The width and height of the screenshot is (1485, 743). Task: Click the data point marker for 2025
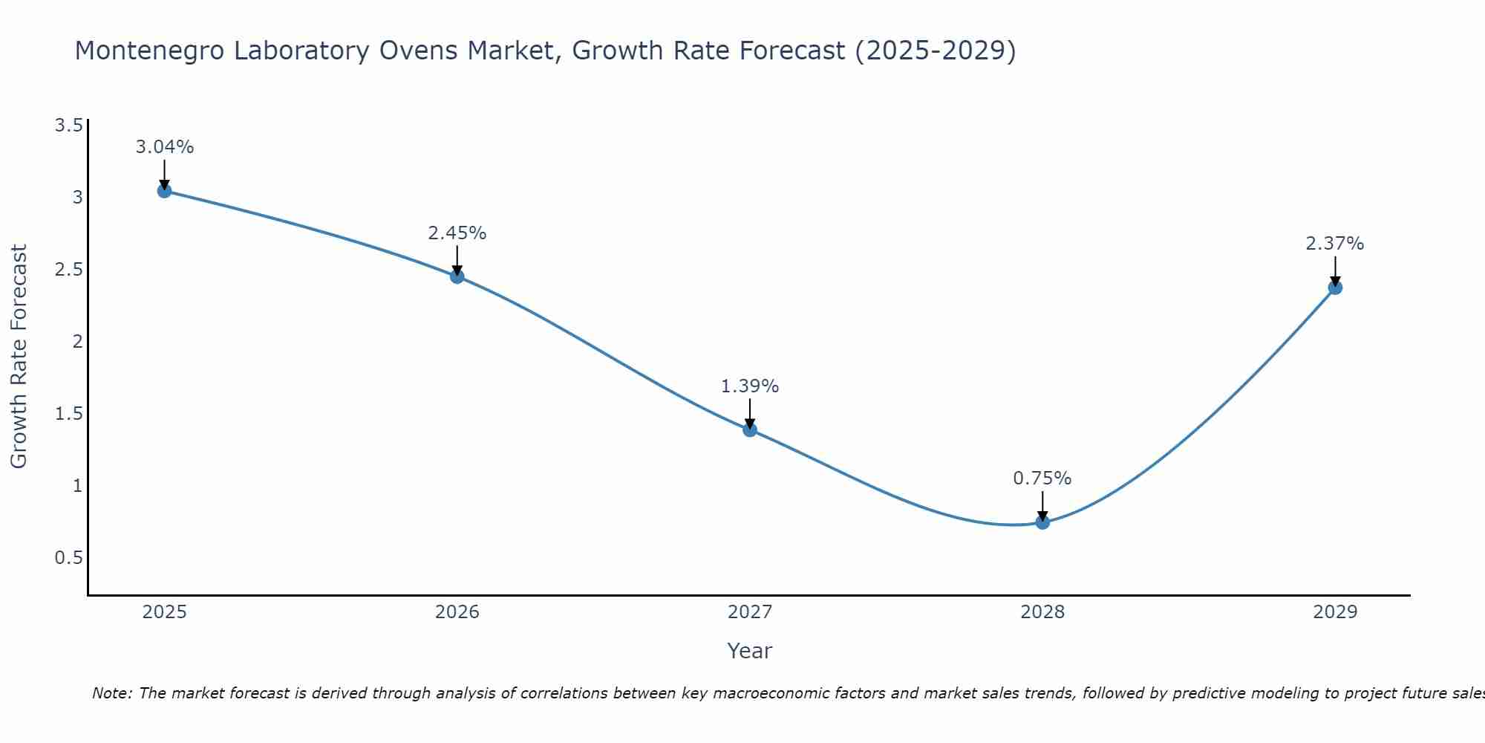tap(165, 191)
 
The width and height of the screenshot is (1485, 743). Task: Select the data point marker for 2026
tap(457, 276)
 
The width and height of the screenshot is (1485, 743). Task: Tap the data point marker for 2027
tap(750, 429)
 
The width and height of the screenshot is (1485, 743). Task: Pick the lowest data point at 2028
tap(1042, 522)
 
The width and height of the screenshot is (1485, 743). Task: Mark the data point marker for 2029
tap(1335, 288)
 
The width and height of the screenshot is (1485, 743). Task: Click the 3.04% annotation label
tap(165, 147)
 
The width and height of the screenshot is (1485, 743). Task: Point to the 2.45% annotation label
tap(457, 233)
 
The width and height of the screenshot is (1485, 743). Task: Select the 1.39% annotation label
tap(750, 386)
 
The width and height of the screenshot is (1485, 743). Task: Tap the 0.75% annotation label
tap(1042, 478)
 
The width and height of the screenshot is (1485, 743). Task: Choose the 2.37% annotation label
tap(1335, 244)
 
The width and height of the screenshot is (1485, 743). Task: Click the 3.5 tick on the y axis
tap(68, 125)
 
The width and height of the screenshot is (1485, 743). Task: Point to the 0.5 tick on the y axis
tap(68, 557)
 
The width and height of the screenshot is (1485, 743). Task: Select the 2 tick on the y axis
tap(77, 341)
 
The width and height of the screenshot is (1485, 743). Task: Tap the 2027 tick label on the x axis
tap(750, 612)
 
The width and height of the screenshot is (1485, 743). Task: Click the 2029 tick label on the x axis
tap(1335, 612)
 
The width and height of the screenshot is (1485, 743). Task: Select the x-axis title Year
tap(750, 651)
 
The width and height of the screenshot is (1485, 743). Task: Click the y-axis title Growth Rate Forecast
tap(19, 357)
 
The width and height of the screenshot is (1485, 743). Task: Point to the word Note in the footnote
tap(111, 693)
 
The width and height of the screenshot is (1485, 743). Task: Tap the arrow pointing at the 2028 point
tap(1042, 505)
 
